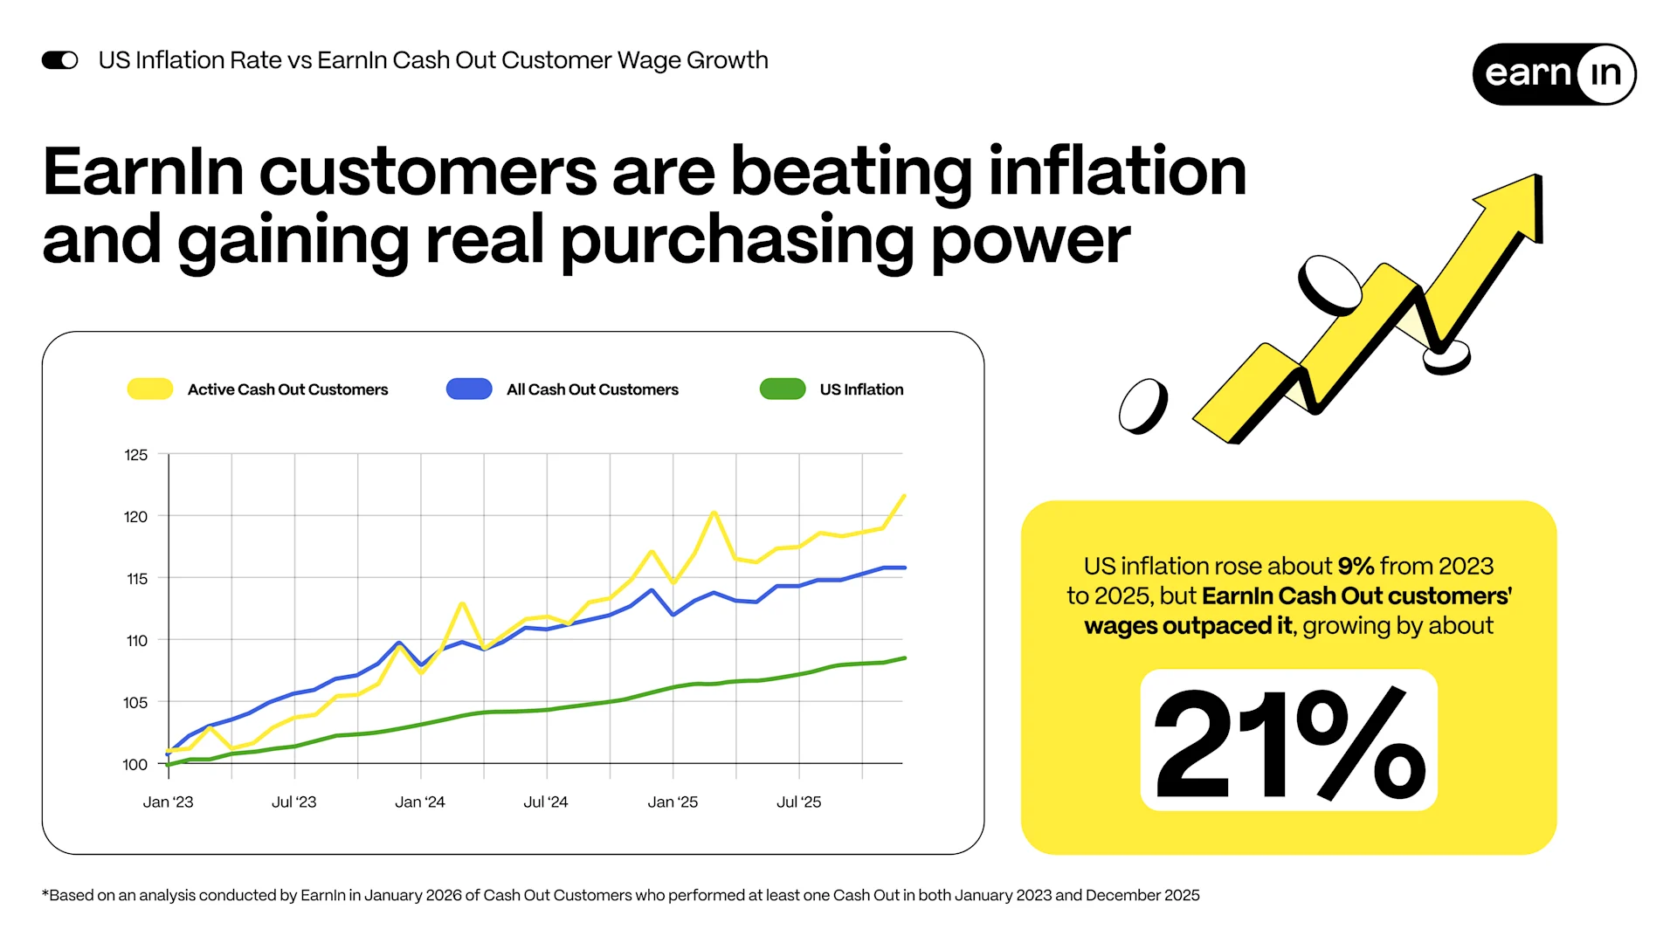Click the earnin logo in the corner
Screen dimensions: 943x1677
coord(1554,74)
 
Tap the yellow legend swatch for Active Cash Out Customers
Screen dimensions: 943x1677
coord(150,389)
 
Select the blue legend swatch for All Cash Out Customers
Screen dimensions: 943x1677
coord(469,389)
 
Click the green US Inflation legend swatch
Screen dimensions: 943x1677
coord(783,389)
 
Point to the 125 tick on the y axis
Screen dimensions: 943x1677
coord(136,455)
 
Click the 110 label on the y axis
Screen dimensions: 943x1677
coord(137,641)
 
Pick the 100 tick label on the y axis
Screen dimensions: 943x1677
coord(135,765)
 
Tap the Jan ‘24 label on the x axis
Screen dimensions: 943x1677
coord(420,802)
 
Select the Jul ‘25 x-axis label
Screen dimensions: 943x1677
coord(799,802)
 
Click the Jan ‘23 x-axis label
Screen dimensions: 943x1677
coord(169,802)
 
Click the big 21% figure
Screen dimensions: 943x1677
coord(1288,742)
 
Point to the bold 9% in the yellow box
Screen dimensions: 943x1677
coord(1356,567)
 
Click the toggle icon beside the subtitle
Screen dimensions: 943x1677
coord(60,60)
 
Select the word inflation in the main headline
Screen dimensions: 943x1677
coord(1117,172)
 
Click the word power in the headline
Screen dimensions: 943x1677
coord(1031,241)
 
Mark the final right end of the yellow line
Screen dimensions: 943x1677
coord(904,496)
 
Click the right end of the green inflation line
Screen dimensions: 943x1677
coord(905,658)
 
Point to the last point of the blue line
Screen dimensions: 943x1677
coord(905,568)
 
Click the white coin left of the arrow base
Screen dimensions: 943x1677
coord(1143,406)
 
